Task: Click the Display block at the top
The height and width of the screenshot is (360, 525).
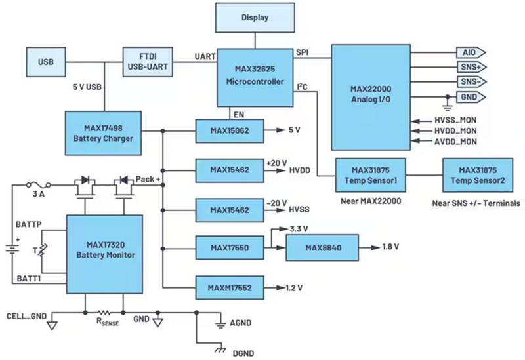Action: pyautogui.click(x=255, y=18)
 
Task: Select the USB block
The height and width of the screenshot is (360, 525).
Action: pyautogui.click(x=45, y=62)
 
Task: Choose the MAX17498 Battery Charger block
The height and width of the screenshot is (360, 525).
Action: pyautogui.click(x=103, y=133)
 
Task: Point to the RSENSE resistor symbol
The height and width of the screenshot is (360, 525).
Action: pyautogui.click(x=103, y=313)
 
